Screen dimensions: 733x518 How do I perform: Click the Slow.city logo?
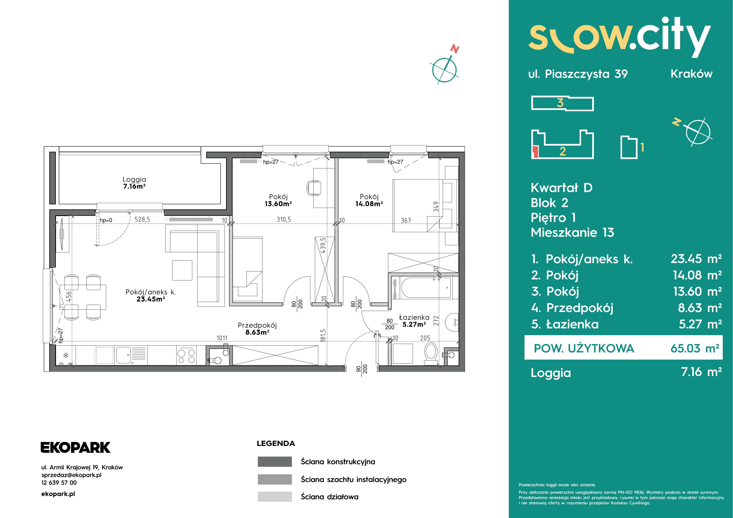pos(619,38)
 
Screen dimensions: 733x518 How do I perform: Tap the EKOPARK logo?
pos(75,447)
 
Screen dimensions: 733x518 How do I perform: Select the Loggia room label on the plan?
pos(134,179)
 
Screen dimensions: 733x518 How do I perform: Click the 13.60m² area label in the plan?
pos(278,204)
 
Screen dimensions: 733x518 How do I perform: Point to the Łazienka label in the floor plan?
pos(414,317)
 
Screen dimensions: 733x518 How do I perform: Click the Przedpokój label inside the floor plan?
pos(257,325)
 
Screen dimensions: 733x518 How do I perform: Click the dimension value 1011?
pos(222,338)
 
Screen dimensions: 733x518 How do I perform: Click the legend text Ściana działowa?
pos(330,497)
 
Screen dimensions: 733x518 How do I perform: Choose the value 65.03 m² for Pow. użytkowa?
pos(695,348)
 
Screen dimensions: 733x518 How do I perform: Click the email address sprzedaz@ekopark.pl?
pos(71,475)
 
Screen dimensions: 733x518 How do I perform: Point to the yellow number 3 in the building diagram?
pos(560,103)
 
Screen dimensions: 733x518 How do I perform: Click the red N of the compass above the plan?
pos(455,49)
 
